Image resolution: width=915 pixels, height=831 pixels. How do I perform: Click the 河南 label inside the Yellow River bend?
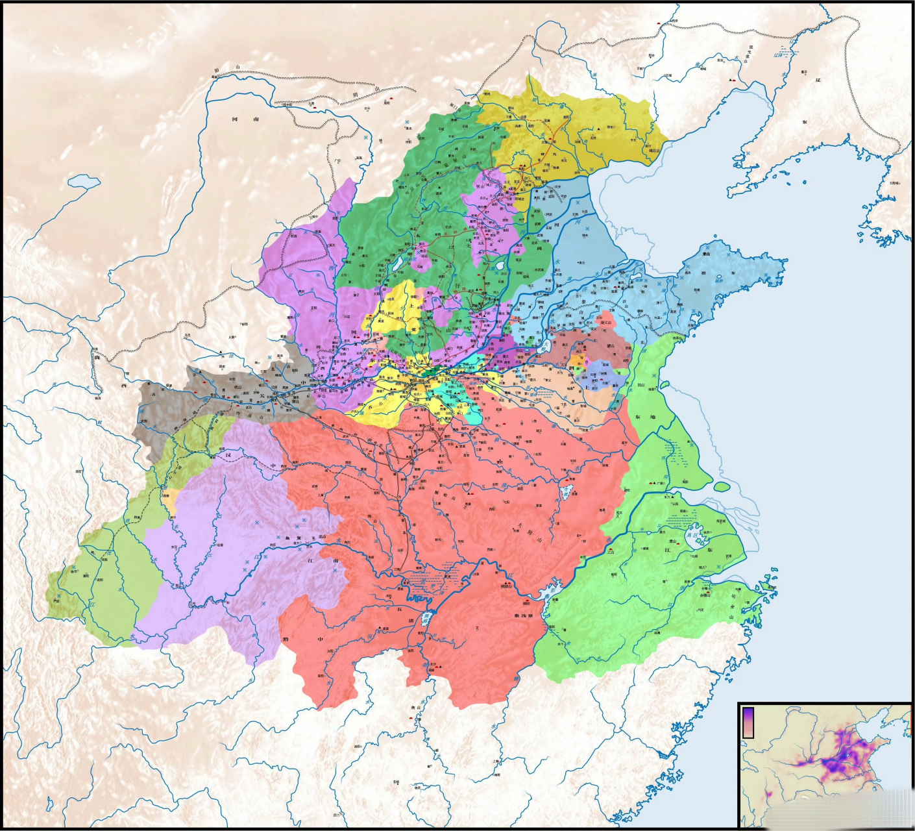pyautogui.click(x=247, y=119)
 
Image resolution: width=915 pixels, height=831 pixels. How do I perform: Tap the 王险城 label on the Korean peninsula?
pyautogui.click(x=894, y=183)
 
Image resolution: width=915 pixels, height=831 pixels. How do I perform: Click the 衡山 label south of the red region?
pyautogui.click(x=411, y=709)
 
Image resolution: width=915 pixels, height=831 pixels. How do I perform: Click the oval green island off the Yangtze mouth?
pyautogui.click(x=722, y=486)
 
